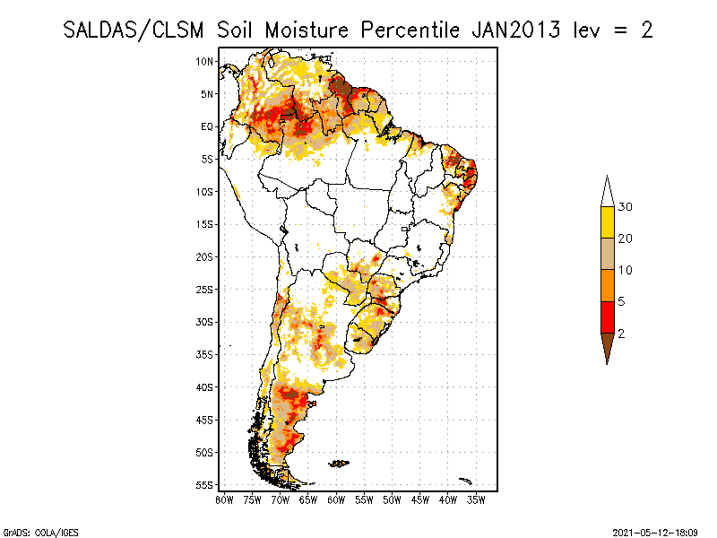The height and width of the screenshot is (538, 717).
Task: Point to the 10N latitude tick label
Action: pyautogui.click(x=206, y=61)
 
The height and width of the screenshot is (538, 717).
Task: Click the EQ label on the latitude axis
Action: pyautogui.click(x=206, y=126)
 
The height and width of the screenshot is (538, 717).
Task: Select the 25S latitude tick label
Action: pyautogui.click(x=206, y=290)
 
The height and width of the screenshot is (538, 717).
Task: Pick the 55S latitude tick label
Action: pyautogui.click(x=206, y=485)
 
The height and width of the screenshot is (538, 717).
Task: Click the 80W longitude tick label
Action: pyautogui.click(x=224, y=500)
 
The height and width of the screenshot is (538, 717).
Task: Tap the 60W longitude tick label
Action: pyautogui.click(x=336, y=500)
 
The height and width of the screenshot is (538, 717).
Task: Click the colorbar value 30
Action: pyautogui.click(x=626, y=207)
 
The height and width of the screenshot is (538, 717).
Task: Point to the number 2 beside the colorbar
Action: pyautogui.click(x=621, y=333)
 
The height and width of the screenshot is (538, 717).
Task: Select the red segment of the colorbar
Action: pyautogui.click(x=608, y=317)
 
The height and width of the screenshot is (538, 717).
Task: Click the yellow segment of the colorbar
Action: pyautogui.click(x=608, y=222)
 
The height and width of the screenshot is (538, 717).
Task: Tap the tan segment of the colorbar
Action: pyautogui.click(x=608, y=254)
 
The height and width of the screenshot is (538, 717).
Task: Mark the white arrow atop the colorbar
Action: pyautogui.click(x=608, y=192)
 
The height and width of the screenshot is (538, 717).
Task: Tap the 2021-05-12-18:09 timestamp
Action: pyautogui.click(x=655, y=531)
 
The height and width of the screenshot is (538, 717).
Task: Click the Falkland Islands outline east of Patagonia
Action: pyautogui.click(x=339, y=463)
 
